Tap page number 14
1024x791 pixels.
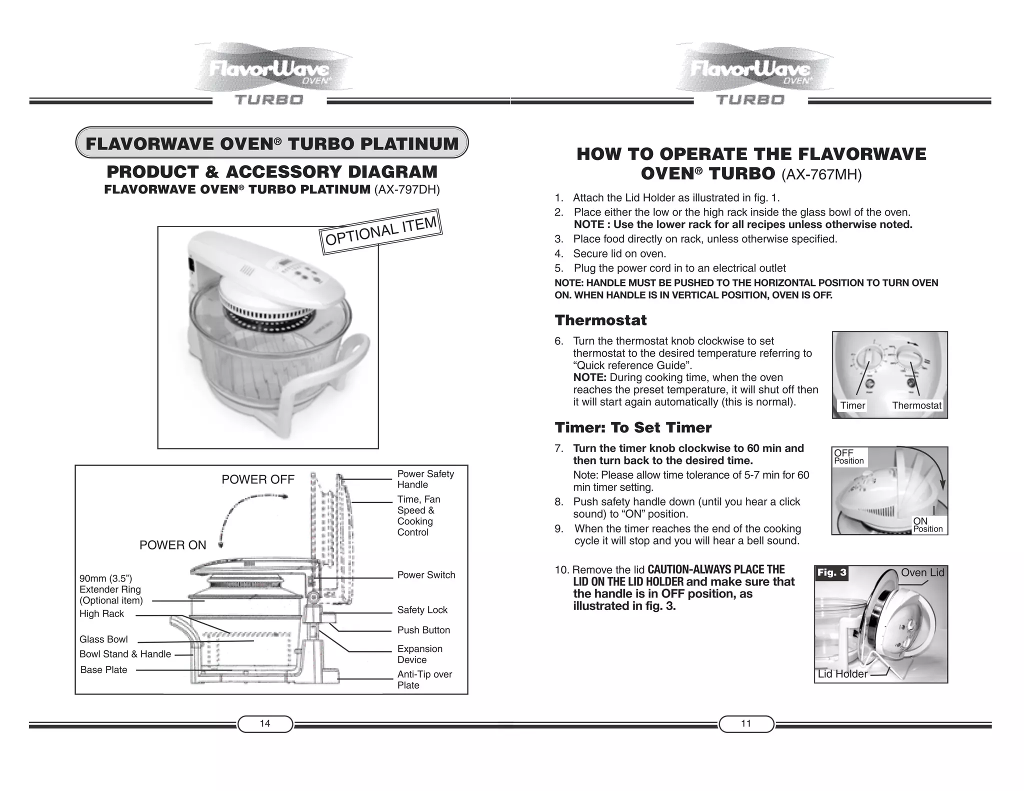click(x=265, y=723)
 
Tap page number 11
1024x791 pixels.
click(x=746, y=723)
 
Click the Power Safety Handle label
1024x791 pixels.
click(x=425, y=479)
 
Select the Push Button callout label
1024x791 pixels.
click(x=423, y=630)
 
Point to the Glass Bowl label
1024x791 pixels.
click(x=103, y=639)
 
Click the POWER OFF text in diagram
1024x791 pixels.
click(x=258, y=479)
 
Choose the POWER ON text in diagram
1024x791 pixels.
click(x=172, y=545)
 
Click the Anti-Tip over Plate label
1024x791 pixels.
click(x=424, y=679)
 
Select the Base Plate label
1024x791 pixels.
click(x=103, y=669)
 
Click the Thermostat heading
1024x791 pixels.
click(x=600, y=320)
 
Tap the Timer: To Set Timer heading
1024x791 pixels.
click(x=633, y=427)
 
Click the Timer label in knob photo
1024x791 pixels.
click(x=852, y=405)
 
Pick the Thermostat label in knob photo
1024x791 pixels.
click(x=916, y=405)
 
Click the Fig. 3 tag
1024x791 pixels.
click(x=832, y=572)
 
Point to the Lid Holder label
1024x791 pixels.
click(x=842, y=673)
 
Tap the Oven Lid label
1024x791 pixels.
click(x=922, y=572)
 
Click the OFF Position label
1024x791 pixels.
click(x=848, y=456)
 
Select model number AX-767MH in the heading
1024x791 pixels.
click(x=821, y=174)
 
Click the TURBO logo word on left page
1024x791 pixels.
click(x=269, y=100)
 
